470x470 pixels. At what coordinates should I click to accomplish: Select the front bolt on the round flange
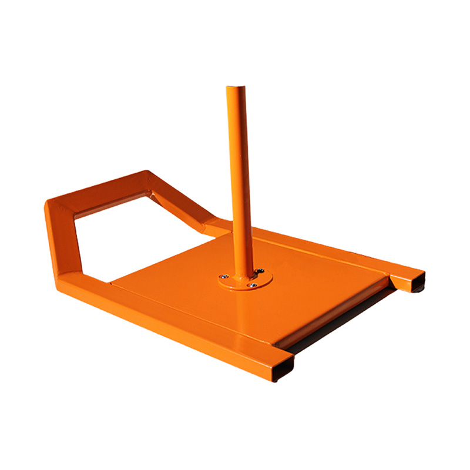click(x=251, y=286)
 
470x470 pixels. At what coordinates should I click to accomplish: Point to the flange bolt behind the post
click(x=258, y=271)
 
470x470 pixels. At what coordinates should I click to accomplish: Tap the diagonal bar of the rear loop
click(x=179, y=203)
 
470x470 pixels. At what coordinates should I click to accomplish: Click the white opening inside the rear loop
click(x=135, y=235)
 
